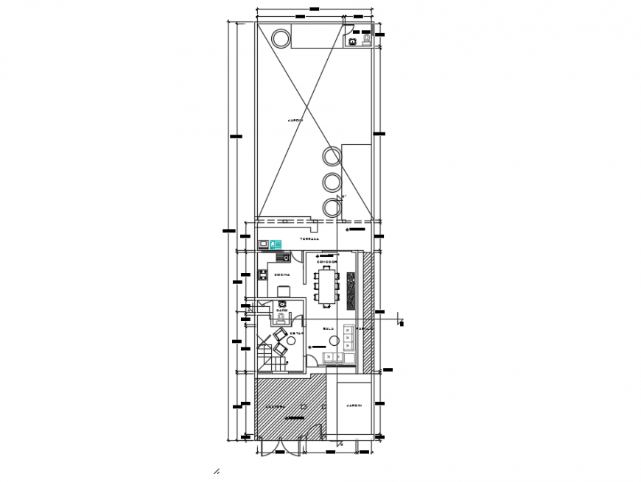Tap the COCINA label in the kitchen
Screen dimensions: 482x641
click(x=282, y=275)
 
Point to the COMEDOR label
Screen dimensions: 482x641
click(x=326, y=261)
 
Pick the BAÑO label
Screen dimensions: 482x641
click(x=281, y=311)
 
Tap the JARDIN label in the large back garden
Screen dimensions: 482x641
click(x=295, y=119)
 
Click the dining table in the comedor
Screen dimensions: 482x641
click(x=327, y=286)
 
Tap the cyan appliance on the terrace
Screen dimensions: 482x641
click(x=277, y=243)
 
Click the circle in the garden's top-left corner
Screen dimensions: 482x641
click(x=281, y=37)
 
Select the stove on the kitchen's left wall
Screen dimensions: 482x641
click(x=262, y=277)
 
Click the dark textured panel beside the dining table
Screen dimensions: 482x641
click(x=350, y=288)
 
